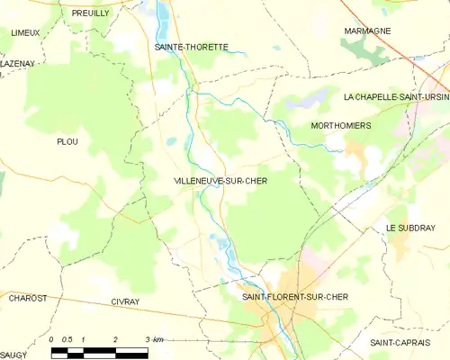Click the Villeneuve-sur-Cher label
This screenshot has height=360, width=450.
click(x=220, y=181)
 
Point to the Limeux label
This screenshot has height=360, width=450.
click(x=24, y=32)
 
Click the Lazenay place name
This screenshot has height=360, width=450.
click(x=17, y=64)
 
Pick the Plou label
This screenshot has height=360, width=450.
click(x=67, y=141)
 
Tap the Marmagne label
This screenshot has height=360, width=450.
click(x=367, y=31)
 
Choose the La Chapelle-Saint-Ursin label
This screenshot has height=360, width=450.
click(x=396, y=96)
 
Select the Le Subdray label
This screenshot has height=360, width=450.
click(x=410, y=229)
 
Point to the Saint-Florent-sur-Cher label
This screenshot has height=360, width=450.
click(x=295, y=296)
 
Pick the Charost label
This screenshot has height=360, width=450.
click(x=27, y=297)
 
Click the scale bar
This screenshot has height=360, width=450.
click(x=99, y=352)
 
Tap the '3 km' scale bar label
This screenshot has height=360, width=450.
click(x=153, y=339)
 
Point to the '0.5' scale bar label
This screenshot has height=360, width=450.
click(x=67, y=339)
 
